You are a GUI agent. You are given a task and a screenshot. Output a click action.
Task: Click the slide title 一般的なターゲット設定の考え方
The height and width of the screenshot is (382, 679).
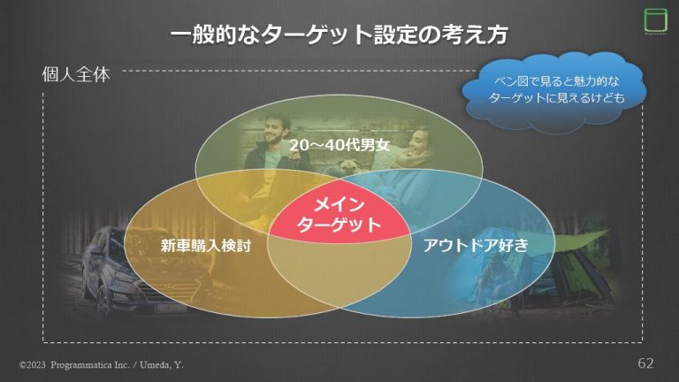tap(339, 35)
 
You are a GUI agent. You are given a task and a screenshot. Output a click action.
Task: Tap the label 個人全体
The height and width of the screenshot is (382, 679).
tap(76, 74)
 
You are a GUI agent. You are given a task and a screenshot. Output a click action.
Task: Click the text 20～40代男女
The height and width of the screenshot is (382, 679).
tap(339, 143)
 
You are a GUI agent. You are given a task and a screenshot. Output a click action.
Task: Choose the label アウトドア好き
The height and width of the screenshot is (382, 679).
tap(476, 246)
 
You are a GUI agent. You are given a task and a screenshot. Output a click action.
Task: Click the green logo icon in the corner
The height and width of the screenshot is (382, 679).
tap(653, 20)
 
